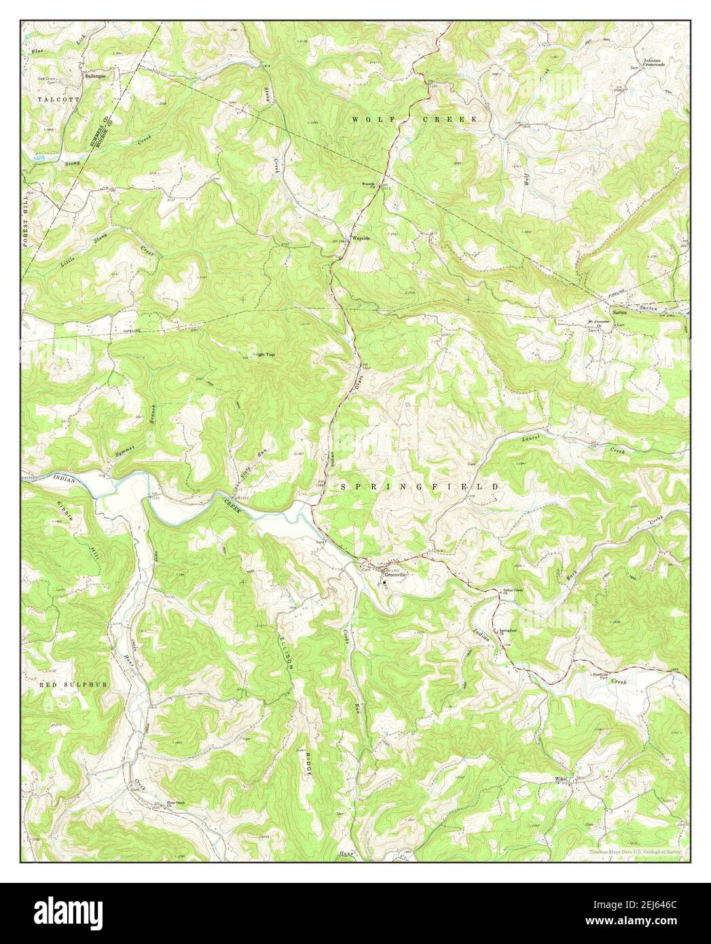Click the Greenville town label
(x=396, y=575)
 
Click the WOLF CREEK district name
(x=414, y=119)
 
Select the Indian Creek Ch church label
(x=515, y=591)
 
